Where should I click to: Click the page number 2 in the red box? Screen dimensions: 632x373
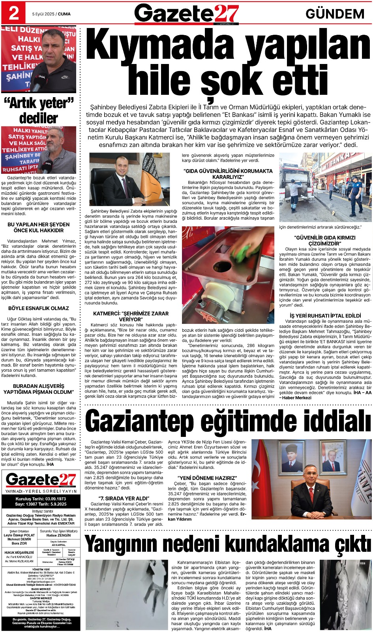[x=14, y=13]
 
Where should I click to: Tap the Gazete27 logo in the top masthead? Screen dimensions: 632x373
[x=186, y=13]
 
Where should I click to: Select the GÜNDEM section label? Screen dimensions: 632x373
[x=335, y=14]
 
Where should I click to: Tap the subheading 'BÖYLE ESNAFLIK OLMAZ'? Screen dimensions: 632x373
[x=39, y=308]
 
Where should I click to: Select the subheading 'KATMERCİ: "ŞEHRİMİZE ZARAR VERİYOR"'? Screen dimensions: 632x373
[x=131, y=316]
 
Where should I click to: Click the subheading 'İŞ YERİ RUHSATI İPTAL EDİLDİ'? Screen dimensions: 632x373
[x=325, y=316]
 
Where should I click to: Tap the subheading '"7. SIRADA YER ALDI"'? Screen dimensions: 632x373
[x=124, y=498]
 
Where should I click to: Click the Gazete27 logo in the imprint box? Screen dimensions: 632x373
[x=41, y=480]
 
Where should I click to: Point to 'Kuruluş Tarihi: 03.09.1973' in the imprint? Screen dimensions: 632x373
[x=41, y=499]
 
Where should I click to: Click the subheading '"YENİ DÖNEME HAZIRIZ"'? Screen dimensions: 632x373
[x=207, y=478]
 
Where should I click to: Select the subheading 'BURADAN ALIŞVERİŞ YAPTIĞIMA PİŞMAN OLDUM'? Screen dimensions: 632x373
[x=39, y=389]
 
